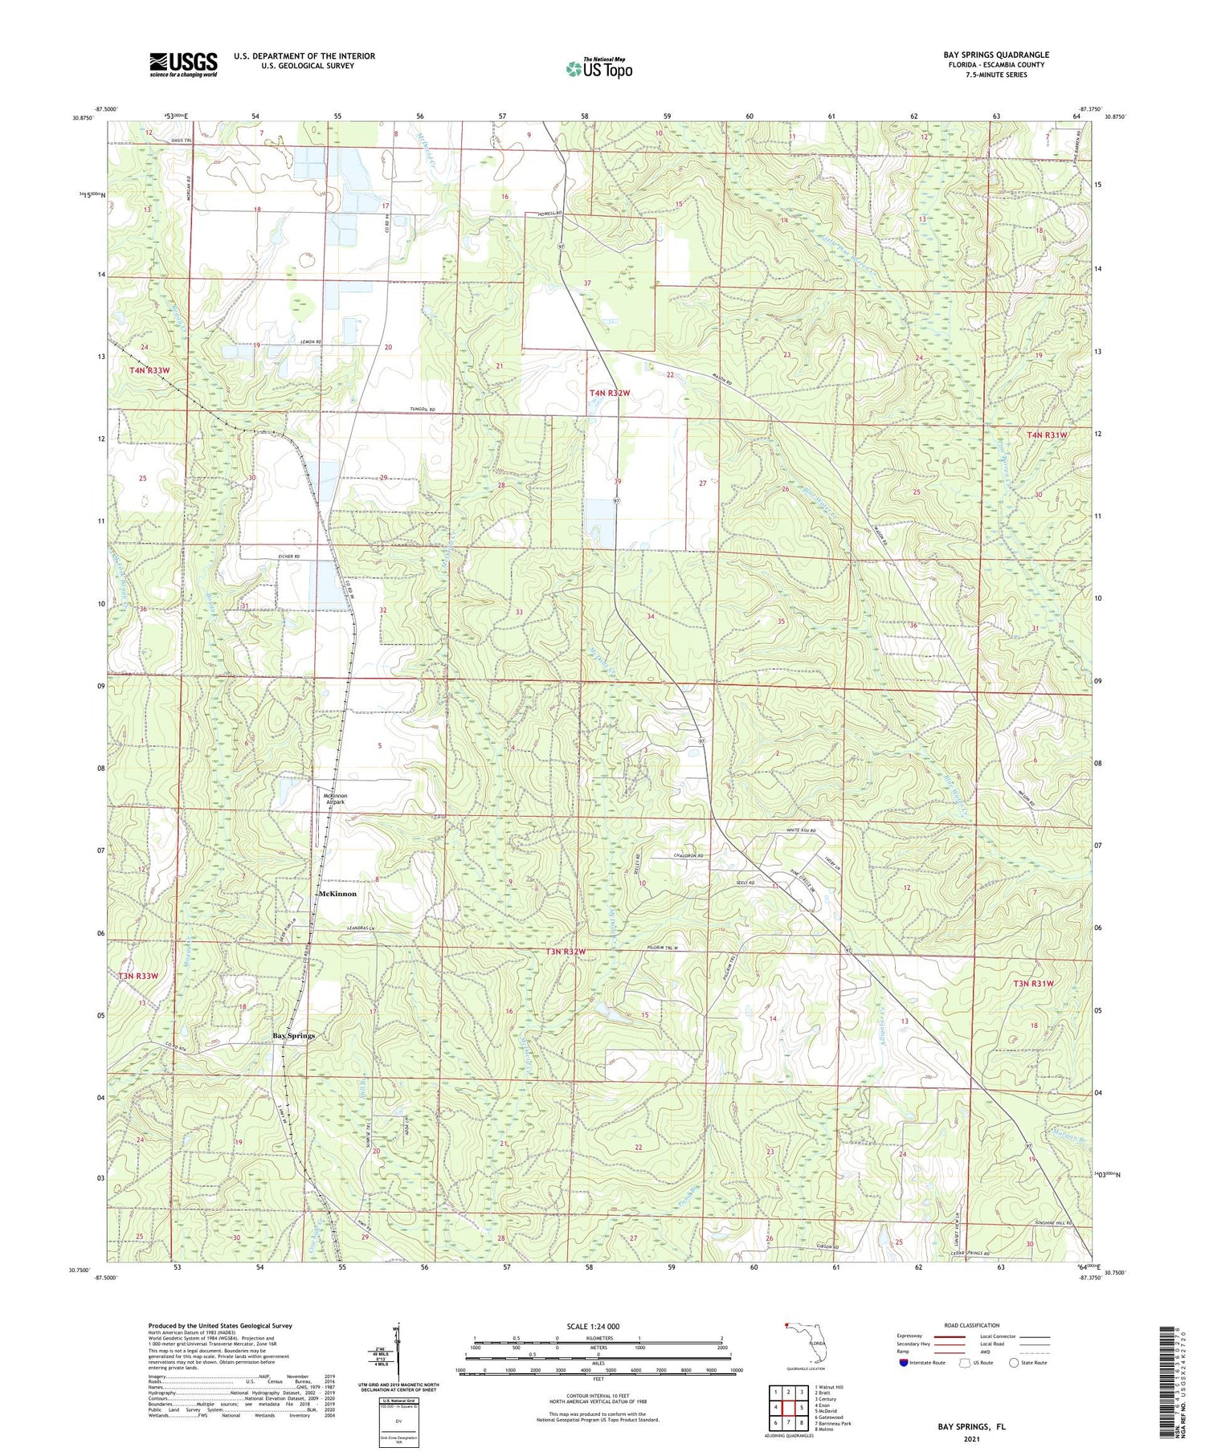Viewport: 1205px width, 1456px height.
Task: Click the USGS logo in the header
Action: [x=183, y=64]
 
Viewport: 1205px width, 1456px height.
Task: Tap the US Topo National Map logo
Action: [x=598, y=68]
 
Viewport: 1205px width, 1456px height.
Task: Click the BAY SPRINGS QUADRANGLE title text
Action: [x=995, y=55]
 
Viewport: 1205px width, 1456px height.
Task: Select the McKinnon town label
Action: [x=337, y=893]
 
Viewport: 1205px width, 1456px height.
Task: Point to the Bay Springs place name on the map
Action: [x=293, y=1035]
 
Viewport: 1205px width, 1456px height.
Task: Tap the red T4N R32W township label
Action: [x=610, y=393]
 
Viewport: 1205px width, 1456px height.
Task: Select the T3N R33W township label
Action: [x=139, y=976]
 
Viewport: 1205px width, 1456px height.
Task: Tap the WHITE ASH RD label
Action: [x=799, y=831]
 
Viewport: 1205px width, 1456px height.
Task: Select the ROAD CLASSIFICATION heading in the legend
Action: [x=972, y=1325]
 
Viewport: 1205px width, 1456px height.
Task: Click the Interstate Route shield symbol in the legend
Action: [x=904, y=1363]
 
